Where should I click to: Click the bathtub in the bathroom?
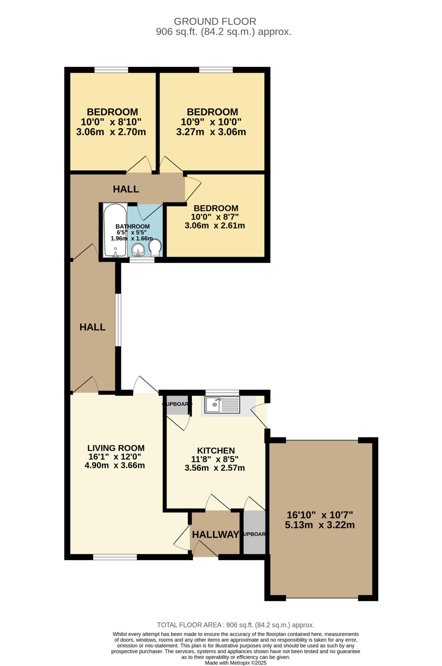(x=115, y=230)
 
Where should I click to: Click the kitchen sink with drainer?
(x=222, y=405)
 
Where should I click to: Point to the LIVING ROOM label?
(x=116, y=448)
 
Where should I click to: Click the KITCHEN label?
(x=216, y=450)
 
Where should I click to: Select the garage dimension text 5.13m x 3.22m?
(x=320, y=525)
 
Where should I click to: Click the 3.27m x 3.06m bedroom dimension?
(x=211, y=132)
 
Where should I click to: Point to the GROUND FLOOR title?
(x=215, y=21)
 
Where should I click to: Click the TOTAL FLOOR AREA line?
(x=236, y=625)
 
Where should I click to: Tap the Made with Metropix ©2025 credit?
(x=236, y=663)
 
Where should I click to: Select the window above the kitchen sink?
(x=222, y=392)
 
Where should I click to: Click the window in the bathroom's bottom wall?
(x=142, y=260)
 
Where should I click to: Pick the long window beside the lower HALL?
(x=119, y=320)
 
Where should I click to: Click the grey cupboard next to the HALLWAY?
(x=254, y=532)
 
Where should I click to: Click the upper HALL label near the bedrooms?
(x=126, y=189)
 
